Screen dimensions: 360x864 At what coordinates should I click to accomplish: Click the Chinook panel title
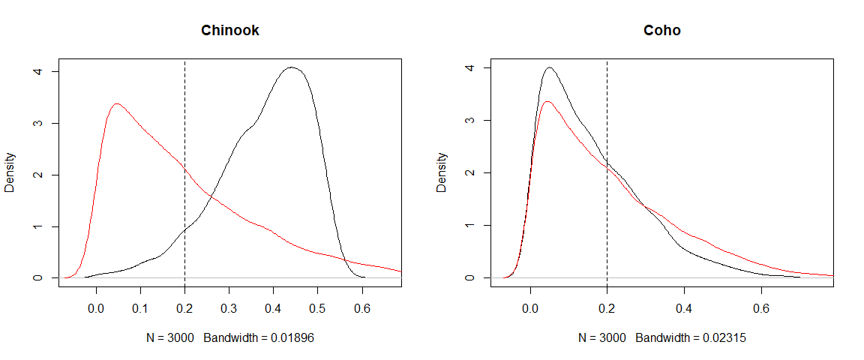point(230,31)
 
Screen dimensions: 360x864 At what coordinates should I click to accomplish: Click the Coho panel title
point(662,31)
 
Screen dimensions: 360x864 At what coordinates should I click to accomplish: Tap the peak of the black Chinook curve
point(292,67)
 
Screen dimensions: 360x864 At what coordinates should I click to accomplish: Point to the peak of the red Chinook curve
point(116,103)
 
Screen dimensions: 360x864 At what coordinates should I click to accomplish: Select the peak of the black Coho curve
point(550,67)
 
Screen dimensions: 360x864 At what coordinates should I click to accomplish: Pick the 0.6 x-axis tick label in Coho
point(761,307)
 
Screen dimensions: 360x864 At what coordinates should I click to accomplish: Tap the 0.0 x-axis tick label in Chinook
point(95,307)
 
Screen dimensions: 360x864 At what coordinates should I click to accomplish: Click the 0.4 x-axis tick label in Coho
point(684,307)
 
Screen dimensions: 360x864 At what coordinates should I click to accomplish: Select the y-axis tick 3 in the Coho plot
point(467,120)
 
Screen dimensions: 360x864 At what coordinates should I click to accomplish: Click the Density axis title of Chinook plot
point(10,174)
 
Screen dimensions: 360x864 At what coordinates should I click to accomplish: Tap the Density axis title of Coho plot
point(442,172)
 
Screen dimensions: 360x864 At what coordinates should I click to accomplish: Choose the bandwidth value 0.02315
point(724,338)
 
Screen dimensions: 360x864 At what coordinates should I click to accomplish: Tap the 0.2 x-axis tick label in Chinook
point(184,307)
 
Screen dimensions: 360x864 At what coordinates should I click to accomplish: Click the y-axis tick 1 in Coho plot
point(467,225)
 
